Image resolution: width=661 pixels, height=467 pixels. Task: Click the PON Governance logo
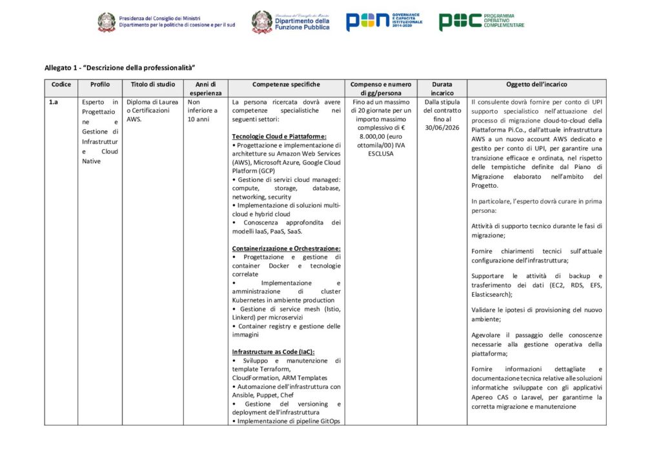[x=384, y=21]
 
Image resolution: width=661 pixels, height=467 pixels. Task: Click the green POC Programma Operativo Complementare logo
[x=481, y=21]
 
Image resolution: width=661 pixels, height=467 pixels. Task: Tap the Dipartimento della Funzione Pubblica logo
[x=290, y=22]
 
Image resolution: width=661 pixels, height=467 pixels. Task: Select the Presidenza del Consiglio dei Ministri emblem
[x=107, y=23]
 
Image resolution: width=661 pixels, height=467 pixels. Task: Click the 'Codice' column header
[x=61, y=84]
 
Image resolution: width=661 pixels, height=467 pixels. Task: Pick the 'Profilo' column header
[x=100, y=84]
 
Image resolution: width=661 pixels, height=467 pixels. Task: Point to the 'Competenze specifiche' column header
[x=286, y=84]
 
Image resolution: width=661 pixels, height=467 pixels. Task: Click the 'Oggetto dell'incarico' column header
[x=536, y=84]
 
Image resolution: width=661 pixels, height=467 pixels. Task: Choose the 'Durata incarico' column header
[x=443, y=88]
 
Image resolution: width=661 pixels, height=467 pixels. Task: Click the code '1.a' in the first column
[x=54, y=102]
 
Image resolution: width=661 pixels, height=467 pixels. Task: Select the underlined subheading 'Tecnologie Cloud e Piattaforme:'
[x=279, y=137]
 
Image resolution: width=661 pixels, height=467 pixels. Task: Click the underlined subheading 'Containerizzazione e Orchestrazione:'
[x=286, y=248]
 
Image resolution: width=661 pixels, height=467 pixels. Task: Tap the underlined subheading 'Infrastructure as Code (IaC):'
[x=273, y=352]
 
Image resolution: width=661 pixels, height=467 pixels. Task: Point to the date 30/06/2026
[x=443, y=128]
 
